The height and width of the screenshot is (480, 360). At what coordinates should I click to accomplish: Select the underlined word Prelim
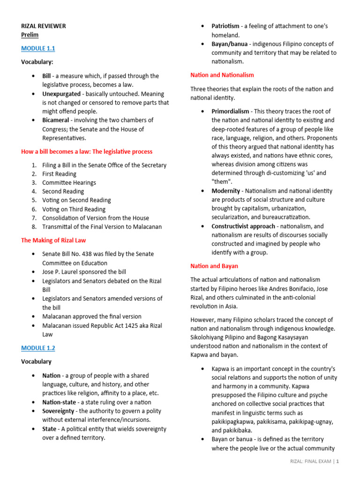tap(30, 35)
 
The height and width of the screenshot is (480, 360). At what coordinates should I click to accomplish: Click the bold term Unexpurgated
tap(61, 94)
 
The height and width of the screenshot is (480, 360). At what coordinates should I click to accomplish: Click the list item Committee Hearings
tap(69, 183)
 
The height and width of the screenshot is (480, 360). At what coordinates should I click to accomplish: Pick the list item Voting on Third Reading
tap(74, 210)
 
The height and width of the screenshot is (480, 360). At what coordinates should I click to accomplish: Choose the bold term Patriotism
tap(225, 26)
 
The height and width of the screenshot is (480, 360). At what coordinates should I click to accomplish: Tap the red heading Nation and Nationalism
tap(222, 75)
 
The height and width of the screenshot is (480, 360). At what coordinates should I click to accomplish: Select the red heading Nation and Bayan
tap(214, 266)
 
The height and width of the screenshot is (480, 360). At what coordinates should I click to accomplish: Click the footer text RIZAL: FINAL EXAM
tap(310, 474)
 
